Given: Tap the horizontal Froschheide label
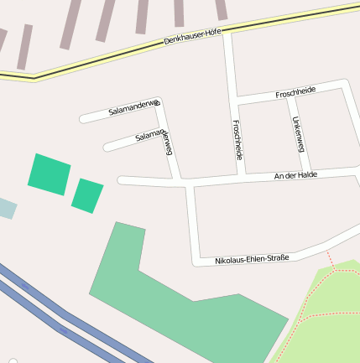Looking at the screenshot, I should coord(295,93).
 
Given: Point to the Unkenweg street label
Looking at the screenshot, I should coord(298,134).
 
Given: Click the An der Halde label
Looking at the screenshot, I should coord(295,175).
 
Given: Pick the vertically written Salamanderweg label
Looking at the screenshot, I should coord(169,143).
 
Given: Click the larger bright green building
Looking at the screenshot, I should coord(50,174).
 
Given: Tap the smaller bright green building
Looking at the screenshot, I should coord(87,195).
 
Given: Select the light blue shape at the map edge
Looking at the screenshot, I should coord(6,208).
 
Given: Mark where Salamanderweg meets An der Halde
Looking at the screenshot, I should coord(179,180).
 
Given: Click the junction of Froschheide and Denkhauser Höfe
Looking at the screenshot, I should coord(227,31).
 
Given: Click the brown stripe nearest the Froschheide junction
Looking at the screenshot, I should coord(221,9).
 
